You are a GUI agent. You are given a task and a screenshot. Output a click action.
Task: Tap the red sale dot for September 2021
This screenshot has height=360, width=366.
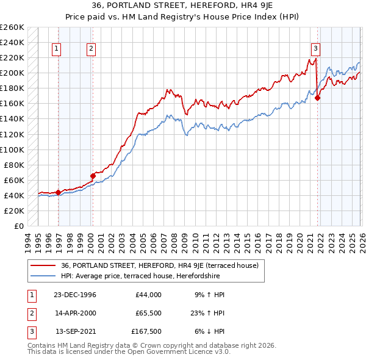(318, 98)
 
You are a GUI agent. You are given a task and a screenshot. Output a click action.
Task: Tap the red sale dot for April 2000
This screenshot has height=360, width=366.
(93, 176)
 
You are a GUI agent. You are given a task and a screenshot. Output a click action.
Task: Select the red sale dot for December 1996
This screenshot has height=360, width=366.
(59, 192)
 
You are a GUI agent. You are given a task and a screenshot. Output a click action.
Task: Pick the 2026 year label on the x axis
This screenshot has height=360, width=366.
(361, 239)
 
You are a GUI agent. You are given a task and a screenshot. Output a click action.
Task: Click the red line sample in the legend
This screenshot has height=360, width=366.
(43, 265)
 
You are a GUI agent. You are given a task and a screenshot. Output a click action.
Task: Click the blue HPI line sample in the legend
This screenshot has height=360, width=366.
(43, 276)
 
